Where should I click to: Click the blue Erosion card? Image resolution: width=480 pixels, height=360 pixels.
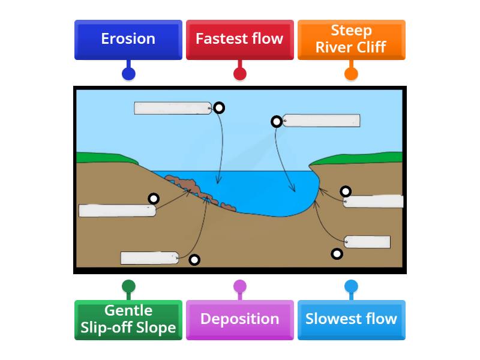click(128, 40)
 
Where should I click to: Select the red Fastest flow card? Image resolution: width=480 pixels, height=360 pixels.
click(239, 40)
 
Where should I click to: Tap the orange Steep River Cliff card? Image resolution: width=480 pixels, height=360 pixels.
click(351, 40)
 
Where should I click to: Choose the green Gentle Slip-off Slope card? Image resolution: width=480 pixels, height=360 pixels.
click(128, 320)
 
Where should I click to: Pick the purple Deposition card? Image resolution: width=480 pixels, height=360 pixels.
click(239, 320)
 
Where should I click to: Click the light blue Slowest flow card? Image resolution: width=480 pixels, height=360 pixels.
click(351, 320)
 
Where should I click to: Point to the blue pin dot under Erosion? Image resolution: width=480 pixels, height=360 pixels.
click(128, 74)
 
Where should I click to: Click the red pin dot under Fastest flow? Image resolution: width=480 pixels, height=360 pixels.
click(239, 74)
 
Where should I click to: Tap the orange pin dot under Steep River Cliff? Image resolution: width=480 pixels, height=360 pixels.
click(351, 74)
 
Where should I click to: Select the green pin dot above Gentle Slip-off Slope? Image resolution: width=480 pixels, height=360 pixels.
click(128, 286)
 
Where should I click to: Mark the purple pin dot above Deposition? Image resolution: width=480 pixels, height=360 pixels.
click(239, 286)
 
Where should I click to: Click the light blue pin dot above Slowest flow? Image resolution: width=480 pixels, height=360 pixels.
click(351, 286)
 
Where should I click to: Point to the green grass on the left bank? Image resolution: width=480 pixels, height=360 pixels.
click(105, 158)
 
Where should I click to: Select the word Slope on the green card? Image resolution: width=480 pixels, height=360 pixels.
click(155, 328)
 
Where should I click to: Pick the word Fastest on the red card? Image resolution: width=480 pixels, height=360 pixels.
click(223, 39)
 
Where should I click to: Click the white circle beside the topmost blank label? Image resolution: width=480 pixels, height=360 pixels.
click(219, 107)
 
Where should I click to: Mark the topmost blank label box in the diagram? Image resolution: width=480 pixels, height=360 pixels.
click(172, 108)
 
